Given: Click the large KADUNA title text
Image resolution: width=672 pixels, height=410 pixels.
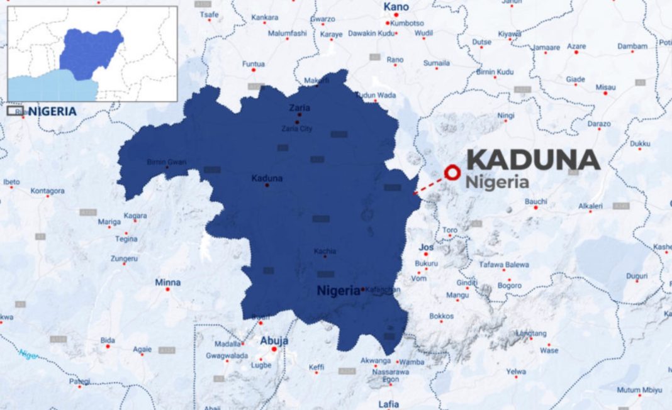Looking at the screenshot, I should [x=533, y=160].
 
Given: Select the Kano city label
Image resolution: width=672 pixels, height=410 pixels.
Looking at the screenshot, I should [x=396, y=7].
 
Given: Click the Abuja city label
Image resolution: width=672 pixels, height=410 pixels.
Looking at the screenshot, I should [x=274, y=340].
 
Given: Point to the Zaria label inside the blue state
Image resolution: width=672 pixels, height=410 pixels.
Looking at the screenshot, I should [x=299, y=108].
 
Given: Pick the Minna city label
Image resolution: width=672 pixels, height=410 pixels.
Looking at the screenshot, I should [x=168, y=282].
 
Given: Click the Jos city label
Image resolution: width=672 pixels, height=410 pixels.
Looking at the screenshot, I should [x=426, y=247].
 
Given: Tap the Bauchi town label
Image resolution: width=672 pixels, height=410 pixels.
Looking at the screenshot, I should [x=535, y=201].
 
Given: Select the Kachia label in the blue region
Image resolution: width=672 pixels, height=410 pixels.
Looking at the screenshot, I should [x=325, y=252].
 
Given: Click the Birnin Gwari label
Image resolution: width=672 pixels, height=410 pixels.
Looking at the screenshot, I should [x=166, y=162].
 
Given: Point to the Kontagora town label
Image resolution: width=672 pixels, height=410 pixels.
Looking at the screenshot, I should [x=48, y=191].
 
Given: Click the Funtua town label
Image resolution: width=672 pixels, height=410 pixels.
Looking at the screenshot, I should [x=254, y=64].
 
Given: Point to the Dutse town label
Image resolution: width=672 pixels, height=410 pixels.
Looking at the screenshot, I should [x=482, y=42].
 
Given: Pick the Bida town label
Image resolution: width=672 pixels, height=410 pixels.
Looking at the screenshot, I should [x=108, y=340].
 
